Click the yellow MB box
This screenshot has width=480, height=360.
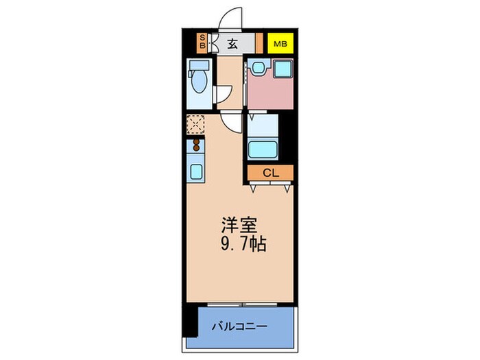click(280, 44)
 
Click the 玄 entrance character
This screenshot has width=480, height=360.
click(232, 44)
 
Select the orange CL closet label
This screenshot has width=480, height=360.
click(271, 173)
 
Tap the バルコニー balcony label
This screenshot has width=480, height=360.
click(239, 326)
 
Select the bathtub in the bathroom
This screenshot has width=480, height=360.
click(263, 149)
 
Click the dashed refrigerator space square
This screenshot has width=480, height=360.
click(195, 124)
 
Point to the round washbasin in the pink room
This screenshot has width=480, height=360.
click(257, 67)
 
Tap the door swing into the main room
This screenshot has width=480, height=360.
click(233, 123)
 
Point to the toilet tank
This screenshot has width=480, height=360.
click(200, 67)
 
